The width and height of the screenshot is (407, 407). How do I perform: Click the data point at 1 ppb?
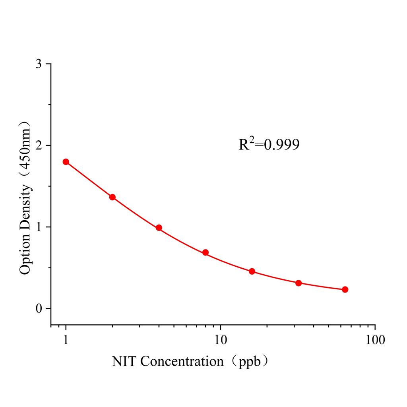tap(66, 162)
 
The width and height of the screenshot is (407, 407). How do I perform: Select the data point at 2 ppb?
tap(112, 197)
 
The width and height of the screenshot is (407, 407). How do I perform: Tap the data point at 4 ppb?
tap(159, 228)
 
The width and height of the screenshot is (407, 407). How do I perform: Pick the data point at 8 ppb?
tap(205, 252)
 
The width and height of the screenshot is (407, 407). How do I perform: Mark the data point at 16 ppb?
tap(252, 271)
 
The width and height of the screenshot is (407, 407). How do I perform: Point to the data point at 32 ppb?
tap(298, 283)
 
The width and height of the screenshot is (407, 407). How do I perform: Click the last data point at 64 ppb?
tap(345, 289)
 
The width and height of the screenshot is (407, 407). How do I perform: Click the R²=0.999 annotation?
tap(269, 145)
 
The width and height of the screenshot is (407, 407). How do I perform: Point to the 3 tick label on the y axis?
tap(39, 64)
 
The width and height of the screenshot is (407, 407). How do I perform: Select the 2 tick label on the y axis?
tap(39, 145)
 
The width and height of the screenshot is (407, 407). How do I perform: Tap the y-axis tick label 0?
tap(39, 308)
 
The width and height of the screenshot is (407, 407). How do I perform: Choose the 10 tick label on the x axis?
tap(221, 340)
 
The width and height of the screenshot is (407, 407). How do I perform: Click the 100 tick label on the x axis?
tap(375, 340)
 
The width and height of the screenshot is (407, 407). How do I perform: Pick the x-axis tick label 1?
tap(66, 340)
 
